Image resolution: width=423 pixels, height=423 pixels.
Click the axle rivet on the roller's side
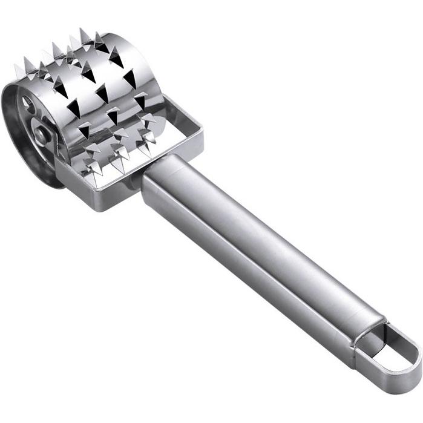point(40,134)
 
